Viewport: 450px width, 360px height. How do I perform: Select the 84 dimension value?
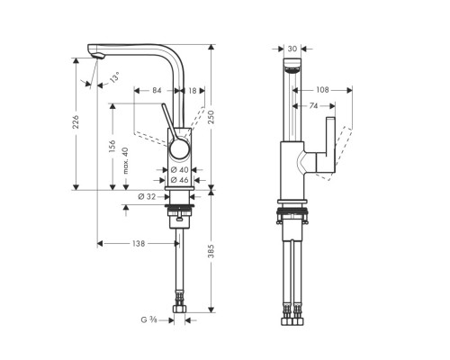pyautogui.click(x=157, y=90)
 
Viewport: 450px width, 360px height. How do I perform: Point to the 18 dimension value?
pyautogui.click(x=193, y=90)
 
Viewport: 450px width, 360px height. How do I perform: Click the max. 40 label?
pyautogui.click(x=125, y=158)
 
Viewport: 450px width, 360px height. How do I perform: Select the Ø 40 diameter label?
pyautogui.click(x=177, y=169)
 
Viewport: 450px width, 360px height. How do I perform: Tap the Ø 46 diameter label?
pyautogui.click(x=177, y=180)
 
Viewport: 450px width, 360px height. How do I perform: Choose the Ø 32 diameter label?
pyautogui.click(x=148, y=197)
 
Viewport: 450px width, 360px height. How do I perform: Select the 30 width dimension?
pyautogui.click(x=294, y=49)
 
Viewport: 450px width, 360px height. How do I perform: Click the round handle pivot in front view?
pyautogui.click(x=179, y=148)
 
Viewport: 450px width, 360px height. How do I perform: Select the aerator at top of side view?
pyautogui.click(x=292, y=70)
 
